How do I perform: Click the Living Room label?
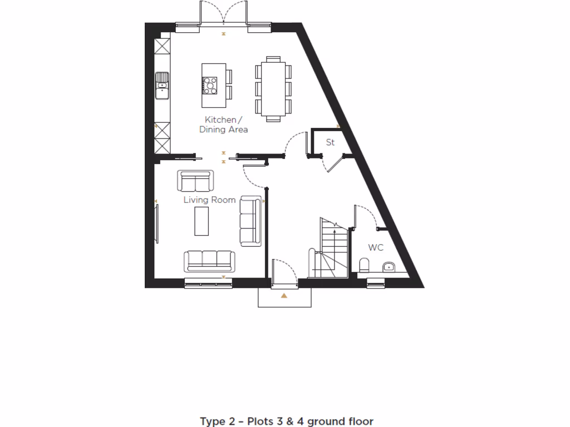[209, 200]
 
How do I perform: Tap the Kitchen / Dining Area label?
[224, 125]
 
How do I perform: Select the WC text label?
[376, 248]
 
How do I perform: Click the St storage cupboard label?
[330, 143]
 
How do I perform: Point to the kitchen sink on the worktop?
[162, 86]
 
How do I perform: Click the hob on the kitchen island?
[211, 85]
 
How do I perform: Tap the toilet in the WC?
[364, 264]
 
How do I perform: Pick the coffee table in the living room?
[202, 221]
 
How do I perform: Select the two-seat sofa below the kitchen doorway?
[195, 181]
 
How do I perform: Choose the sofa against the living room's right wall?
[250, 221]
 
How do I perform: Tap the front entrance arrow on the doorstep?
[284, 296]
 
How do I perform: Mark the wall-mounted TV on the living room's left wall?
[157, 224]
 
